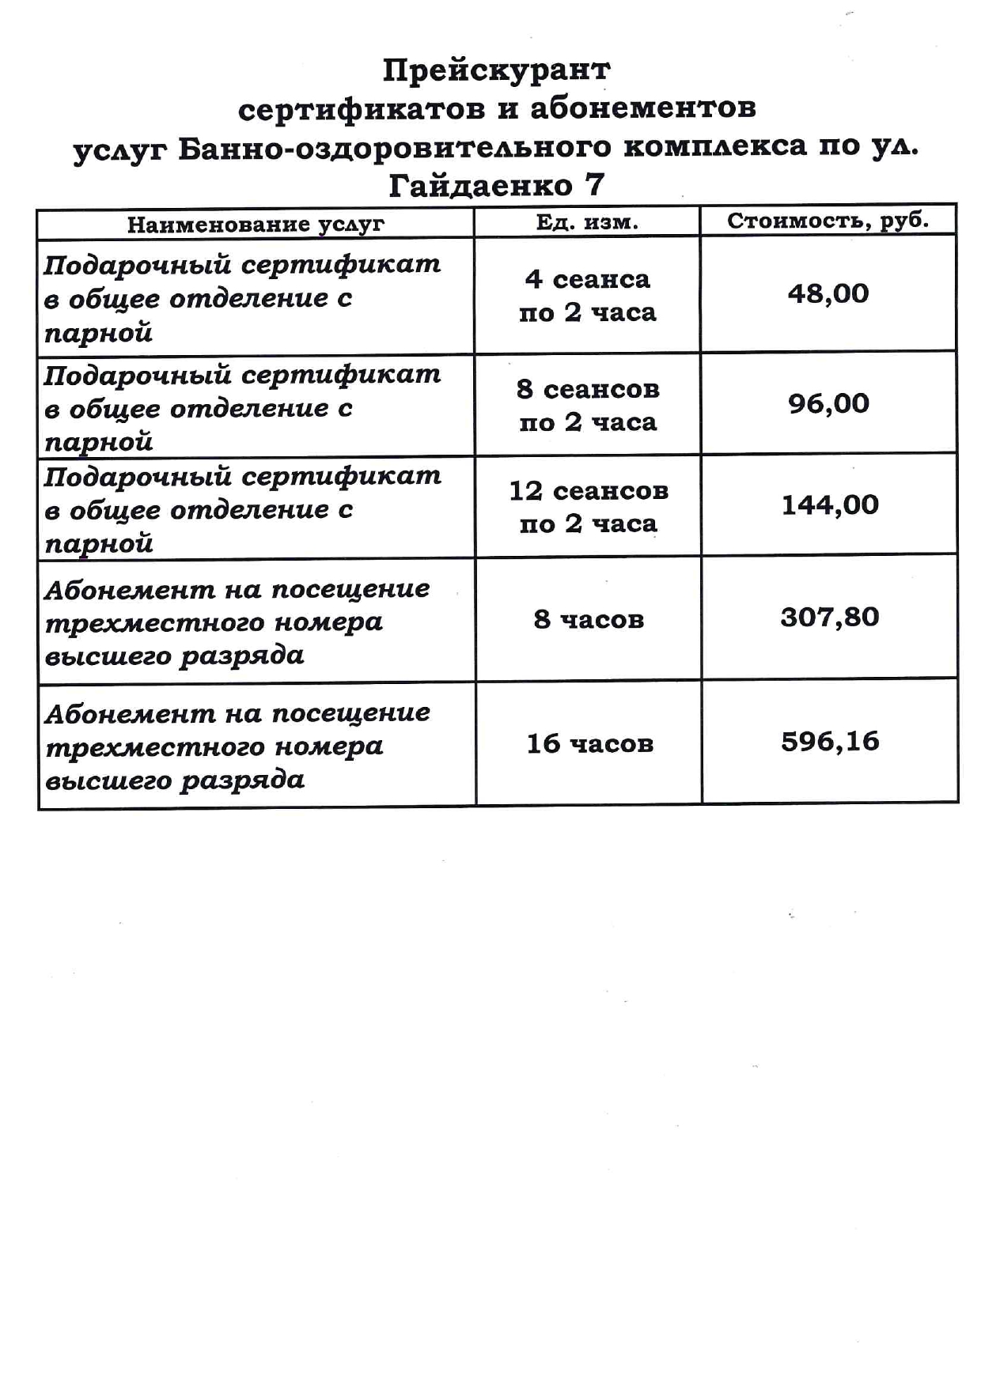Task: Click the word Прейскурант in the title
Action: (496, 71)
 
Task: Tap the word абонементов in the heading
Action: (642, 108)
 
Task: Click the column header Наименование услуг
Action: (255, 225)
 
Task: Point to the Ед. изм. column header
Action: (586, 223)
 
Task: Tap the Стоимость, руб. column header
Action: (828, 221)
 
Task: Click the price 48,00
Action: (828, 294)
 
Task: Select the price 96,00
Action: (828, 404)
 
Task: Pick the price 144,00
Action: (829, 505)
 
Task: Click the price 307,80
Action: (829, 618)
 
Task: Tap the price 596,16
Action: (829, 742)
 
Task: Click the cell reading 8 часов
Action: (588, 619)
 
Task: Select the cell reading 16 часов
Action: (589, 744)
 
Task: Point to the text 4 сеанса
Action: (587, 280)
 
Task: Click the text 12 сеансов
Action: (588, 491)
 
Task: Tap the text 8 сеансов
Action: (587, 390)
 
